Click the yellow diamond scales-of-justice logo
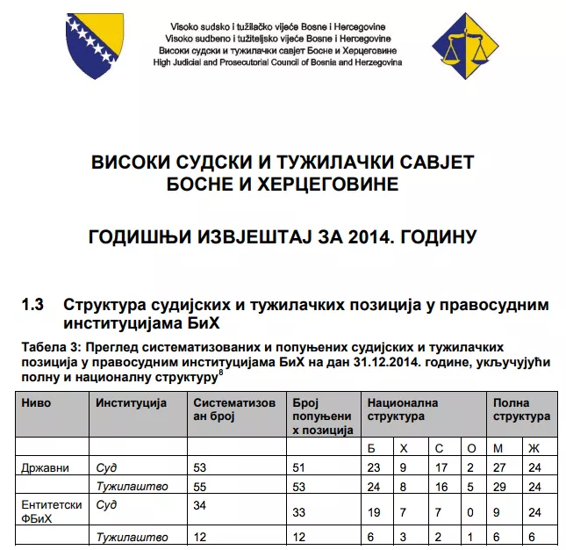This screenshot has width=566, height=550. [x=466, y=46]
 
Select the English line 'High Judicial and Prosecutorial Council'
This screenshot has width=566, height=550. [x=277, y=63]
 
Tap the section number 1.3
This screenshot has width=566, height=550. [x=33, y=305]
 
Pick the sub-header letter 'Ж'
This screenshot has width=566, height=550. [x=534, y=448]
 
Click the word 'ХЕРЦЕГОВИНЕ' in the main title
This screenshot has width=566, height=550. [x=326, y=185]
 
